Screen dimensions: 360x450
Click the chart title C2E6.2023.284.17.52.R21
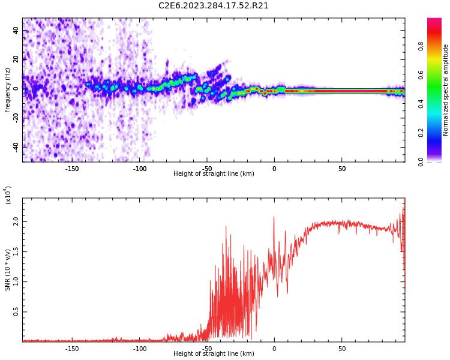pos(214,6)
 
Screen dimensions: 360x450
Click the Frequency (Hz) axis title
pos(8,90)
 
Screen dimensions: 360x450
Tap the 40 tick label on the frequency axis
pos(16,30)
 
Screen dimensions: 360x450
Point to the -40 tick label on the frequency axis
pos(16,146)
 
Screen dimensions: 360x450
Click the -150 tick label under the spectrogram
pos(71,168)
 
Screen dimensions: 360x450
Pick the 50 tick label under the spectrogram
pos(341,168)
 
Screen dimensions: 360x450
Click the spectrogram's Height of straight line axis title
pos(214,174)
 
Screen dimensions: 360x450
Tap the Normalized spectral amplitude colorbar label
pos(446,90)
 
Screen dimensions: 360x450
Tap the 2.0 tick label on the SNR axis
pos(16,222)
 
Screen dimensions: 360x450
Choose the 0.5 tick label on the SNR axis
pos(16,311)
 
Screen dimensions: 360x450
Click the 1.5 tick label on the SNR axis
pos(16,251)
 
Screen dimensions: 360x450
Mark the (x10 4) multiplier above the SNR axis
pos(8,195)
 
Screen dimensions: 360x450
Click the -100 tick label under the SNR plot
pos(139,348)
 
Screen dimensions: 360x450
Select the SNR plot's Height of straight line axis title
pos(214,354)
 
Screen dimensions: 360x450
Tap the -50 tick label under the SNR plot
pos(206,348)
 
